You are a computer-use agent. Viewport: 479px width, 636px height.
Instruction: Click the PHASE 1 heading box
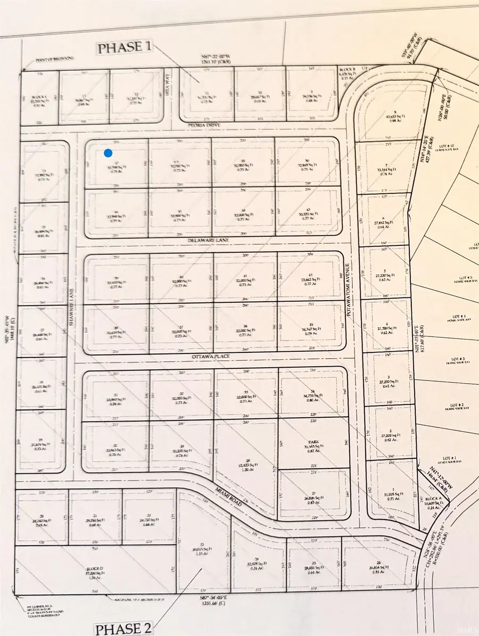[124, 47]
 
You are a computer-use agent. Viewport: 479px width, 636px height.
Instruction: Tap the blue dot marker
[109, 153]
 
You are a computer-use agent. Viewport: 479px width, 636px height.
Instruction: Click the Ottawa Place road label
[207, 359]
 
